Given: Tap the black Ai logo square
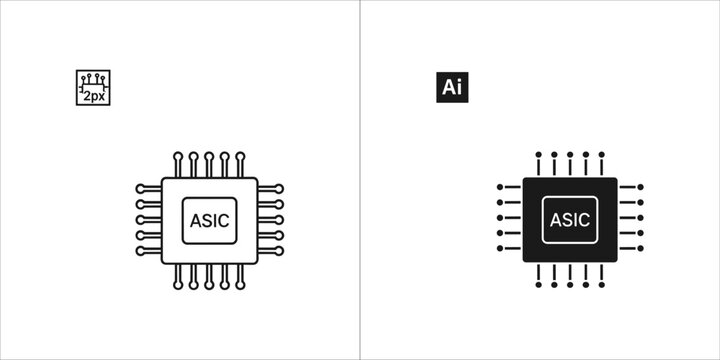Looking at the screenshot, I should click(452, 87).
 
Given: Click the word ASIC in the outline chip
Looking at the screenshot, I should click(209, 220).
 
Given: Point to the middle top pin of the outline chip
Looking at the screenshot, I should click(209, 164).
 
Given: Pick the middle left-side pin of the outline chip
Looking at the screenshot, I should click(148, 220).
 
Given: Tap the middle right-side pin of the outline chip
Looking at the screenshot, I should click(270, 220).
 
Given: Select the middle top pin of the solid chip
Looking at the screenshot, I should click(570, 164).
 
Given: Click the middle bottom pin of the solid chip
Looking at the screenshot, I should click(570, 277).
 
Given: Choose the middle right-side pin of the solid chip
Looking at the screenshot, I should click(631, 217).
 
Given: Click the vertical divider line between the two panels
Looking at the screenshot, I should click(360, 180).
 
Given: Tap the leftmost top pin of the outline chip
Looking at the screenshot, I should click(178, 164).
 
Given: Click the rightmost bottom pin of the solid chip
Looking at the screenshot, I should click(601, 277).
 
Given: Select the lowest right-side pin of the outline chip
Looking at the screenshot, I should click(270, 251).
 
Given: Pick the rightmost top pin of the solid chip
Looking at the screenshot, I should click(601, 164).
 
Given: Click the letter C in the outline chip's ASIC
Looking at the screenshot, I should click(225, 220).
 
